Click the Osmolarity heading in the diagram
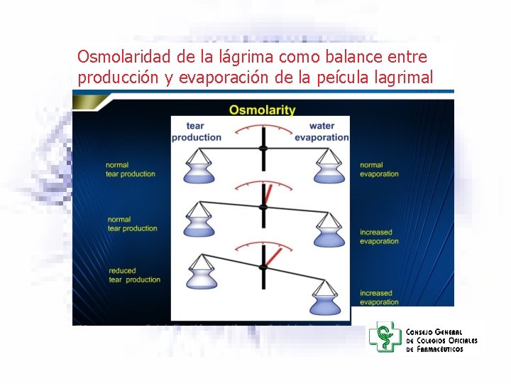262,110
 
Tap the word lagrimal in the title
400,78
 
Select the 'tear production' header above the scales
197,132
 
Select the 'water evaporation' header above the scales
322,132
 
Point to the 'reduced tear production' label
134,275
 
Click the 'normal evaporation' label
379,169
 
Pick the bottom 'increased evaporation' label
379,297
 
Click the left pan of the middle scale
199,222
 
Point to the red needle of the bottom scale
273,257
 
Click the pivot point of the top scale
263,148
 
